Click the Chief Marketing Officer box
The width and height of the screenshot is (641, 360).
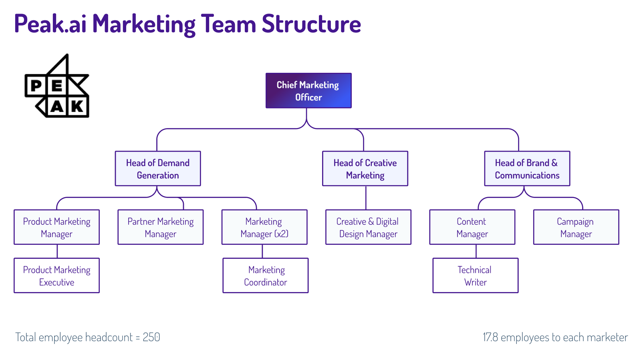pos(308,91)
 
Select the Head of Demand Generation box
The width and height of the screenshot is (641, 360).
pos(158,168)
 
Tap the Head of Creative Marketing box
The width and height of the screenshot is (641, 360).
pos(365,168)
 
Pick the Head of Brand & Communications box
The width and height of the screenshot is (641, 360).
pos(527,168)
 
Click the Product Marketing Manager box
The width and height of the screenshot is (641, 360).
pos(56,227)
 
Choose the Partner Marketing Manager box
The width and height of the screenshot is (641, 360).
pos(160,227)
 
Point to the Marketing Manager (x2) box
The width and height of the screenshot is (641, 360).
pos(264,227)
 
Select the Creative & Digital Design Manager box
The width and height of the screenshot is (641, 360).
pos(368,227)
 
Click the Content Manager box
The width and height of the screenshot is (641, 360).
pos(472,227)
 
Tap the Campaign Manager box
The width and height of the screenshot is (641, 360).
pos(576,227)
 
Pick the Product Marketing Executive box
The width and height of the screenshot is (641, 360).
pos(56,276)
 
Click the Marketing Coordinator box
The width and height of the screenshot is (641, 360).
pos(266,276)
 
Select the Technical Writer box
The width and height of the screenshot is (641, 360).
pos(475,276)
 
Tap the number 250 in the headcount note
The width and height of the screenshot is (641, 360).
pos(151,337)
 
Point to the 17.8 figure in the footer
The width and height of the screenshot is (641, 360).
pos(490,337)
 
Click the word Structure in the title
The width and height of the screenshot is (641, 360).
pos(311,24)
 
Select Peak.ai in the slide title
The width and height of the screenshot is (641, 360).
pos(50,24)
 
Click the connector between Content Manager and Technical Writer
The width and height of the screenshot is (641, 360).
pos(476,251)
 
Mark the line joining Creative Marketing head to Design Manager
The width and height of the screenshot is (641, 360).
pos(366,198)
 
